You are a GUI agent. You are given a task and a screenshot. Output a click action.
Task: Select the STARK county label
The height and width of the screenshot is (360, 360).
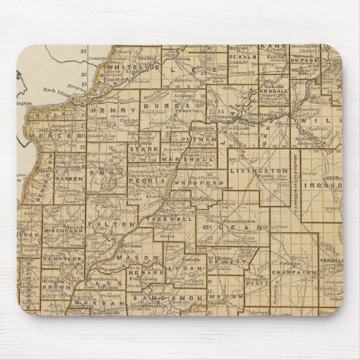137,149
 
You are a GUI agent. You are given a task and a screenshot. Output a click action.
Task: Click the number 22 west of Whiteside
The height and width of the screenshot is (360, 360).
85,51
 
